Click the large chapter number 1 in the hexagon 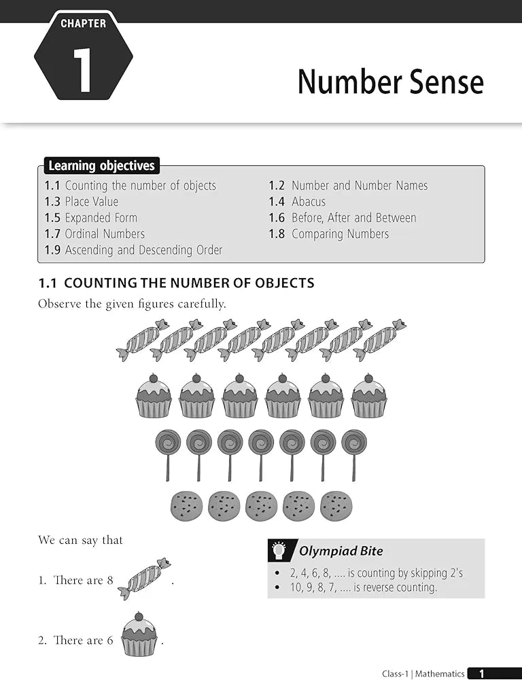82,71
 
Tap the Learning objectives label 101,166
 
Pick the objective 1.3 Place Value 82,201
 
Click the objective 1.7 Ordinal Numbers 94,234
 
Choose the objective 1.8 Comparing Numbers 329,234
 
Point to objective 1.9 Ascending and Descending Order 134,250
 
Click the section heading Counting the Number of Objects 177,283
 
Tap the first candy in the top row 143,339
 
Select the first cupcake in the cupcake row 154,397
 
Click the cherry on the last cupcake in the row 368,378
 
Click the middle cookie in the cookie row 261,506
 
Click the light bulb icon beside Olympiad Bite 278,551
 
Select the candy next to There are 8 144,579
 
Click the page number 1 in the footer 482,674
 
